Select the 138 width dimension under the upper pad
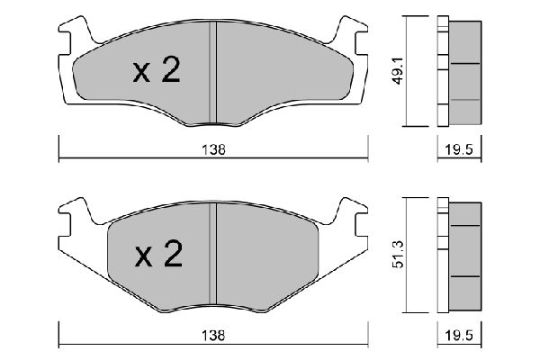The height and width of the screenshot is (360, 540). (212, 151)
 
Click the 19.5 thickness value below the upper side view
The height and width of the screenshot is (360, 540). (458, 151)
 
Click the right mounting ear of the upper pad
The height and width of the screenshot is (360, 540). (352, 35)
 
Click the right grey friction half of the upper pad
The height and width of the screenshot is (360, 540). (279, 76)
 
